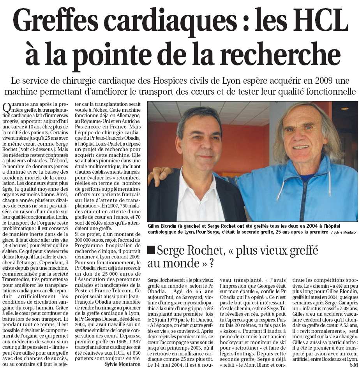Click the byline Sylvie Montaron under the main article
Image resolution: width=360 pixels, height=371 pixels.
pyautogui.click(x=123, y=364)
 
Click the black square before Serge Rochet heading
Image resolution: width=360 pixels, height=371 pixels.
pyautogui.click(x=151, y=250)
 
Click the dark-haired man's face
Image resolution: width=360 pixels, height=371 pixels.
pyautogui.click(x=201, y=140)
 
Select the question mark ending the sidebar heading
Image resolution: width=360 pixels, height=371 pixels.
pyautogui.click(x=211, y=264)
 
